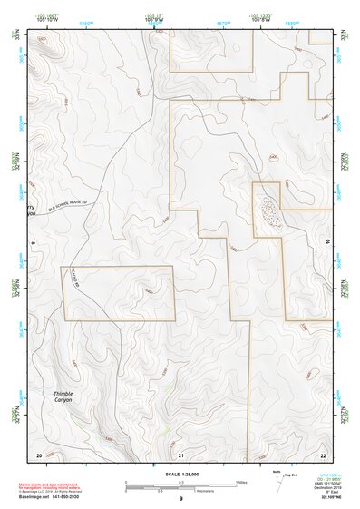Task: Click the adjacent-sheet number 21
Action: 181,454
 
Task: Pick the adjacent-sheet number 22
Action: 324,454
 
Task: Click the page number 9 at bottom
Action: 181,499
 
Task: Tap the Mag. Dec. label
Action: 291,473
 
